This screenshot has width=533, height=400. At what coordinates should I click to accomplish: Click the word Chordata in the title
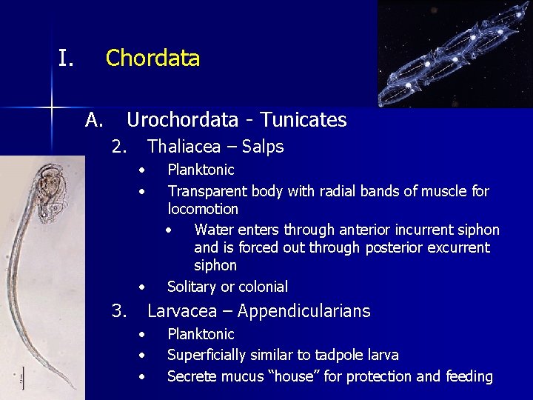pos(152,58)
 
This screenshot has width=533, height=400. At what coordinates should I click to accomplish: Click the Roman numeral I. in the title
pos(66,58)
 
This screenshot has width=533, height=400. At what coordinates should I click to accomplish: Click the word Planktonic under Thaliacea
pos(201,170)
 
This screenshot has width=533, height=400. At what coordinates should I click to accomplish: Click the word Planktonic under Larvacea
pos(201,335)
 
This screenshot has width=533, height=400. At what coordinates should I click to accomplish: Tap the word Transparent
pos(207,191)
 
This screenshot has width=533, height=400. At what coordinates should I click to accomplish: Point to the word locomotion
pos(203,209)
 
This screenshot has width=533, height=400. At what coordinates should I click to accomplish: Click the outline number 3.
pos(118,311)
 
